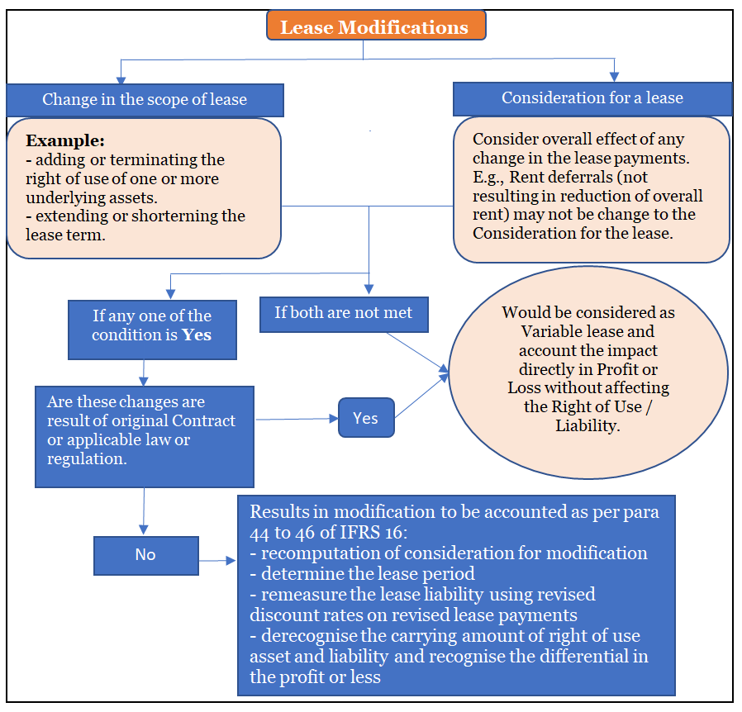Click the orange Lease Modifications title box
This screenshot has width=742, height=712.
click(x=375, y=26)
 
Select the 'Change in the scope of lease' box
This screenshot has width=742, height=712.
click(x=145, y=100)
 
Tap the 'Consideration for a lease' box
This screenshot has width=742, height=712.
click(x=592, y=98)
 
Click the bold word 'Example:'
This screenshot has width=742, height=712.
click(x=64, y=140)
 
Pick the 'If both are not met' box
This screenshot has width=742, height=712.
click(x=343, y=315)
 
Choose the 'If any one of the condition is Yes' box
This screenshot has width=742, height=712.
click(x=151, y=325)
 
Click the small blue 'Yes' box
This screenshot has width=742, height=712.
click(x=365, y=418)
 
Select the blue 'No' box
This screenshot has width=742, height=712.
click(x=145, y=555)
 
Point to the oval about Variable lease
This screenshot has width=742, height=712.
click(x=587, y=370)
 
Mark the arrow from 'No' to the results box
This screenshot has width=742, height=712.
click(x=217, y=562)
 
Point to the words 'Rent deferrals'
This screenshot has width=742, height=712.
click(x=564, y=177)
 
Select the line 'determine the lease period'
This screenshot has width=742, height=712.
click(x=357, y=574)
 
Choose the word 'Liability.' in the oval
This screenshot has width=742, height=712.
click(x=587, y=426)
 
